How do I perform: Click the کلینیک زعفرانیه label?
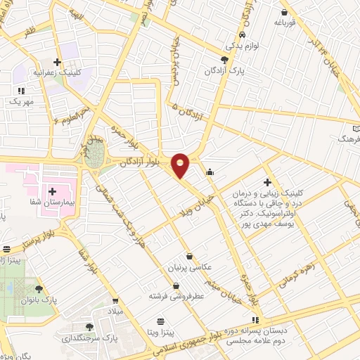(57, 72)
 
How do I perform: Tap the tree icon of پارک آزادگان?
(224, 60)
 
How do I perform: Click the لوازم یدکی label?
(243, 45)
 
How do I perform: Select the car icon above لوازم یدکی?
(243, 34)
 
